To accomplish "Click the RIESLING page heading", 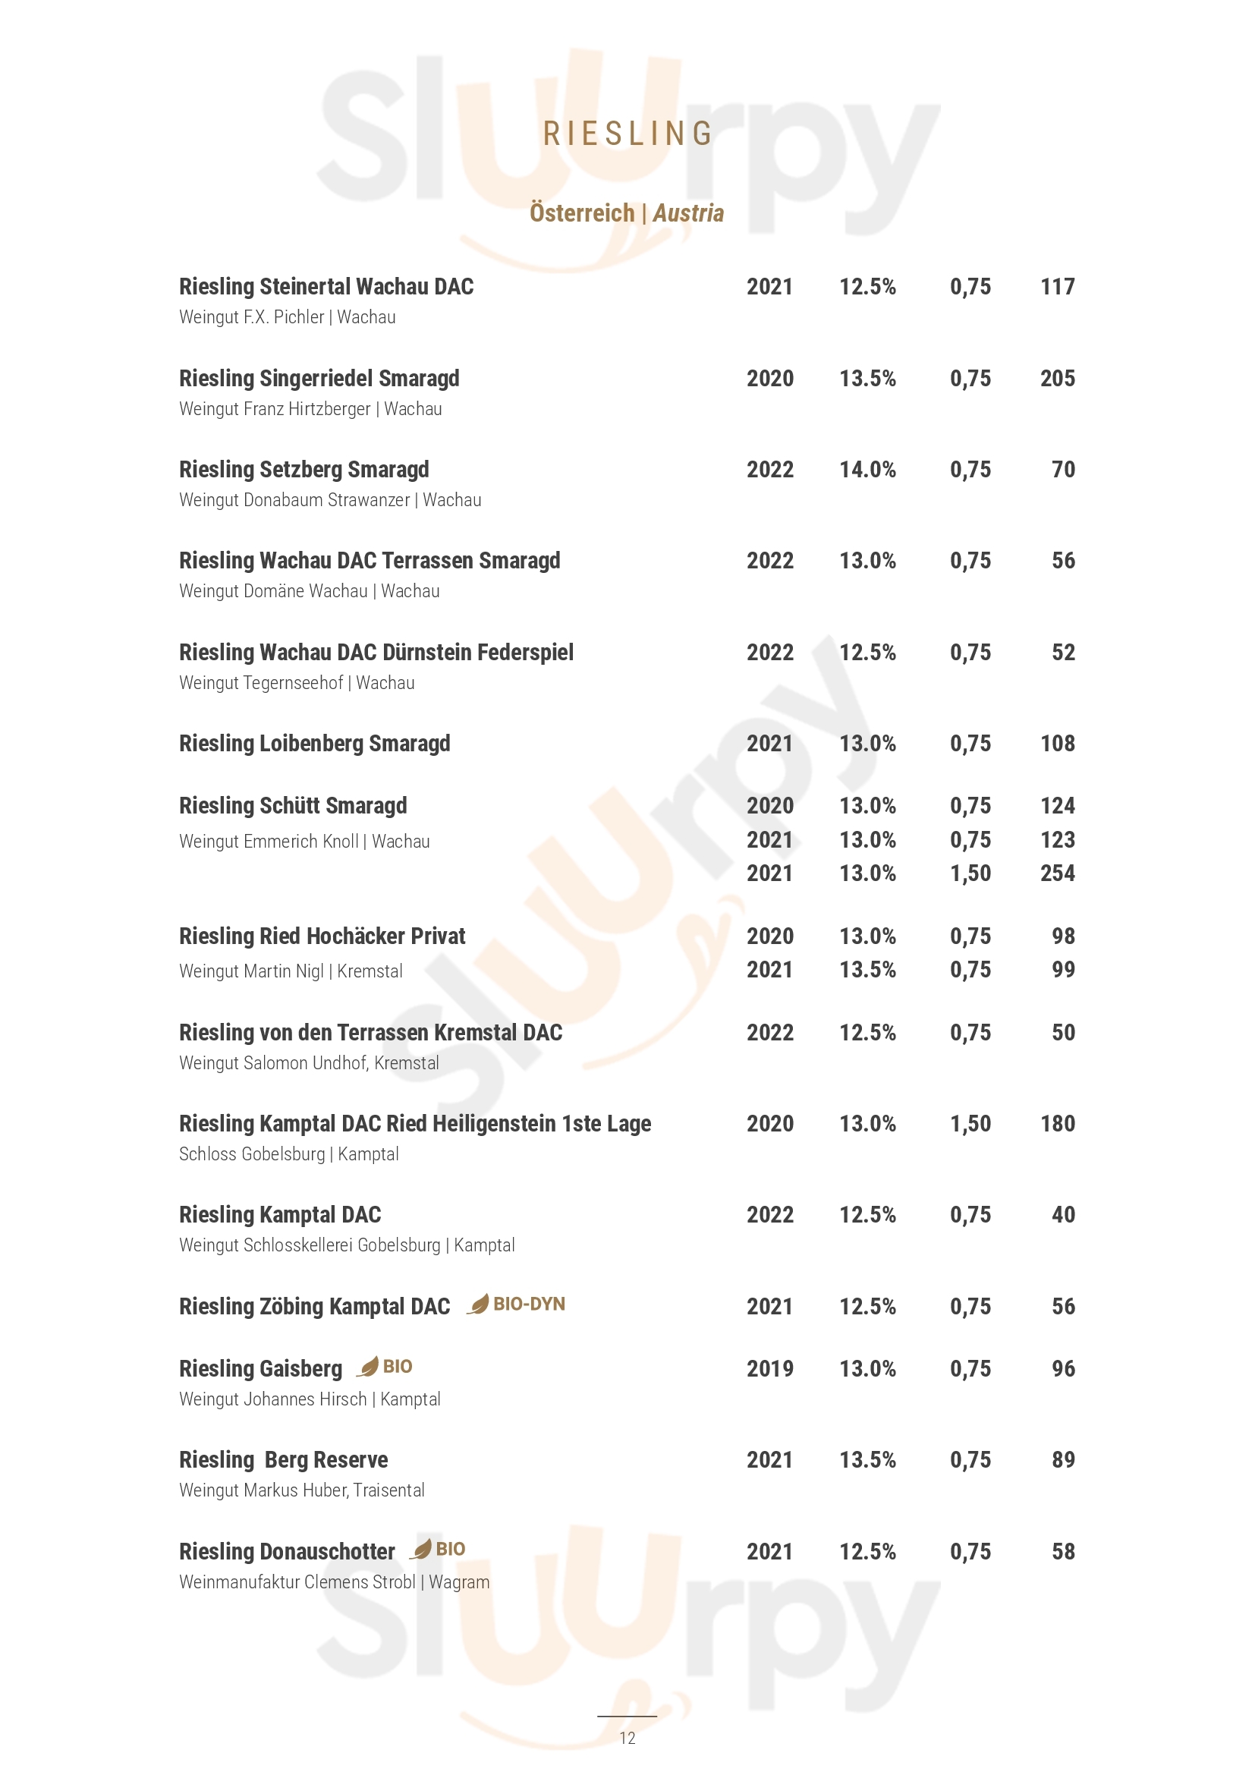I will pyautogui.click(x=627, y=134).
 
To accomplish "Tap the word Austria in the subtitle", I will pyautogui.click(x=687, y=212).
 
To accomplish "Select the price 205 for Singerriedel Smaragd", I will pyautogui.click(x=1057, y=378).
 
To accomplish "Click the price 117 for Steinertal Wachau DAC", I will pyautogui.click(x=1057, y=287).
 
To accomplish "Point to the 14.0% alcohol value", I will pyautogui.click(x=867, y=469).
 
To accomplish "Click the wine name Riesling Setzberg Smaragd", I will pyautogui.click(x=304, y=469).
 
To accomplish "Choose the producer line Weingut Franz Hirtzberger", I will pyautogui.click(x=310, y=409).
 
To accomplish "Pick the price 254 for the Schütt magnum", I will pyautogui.click(x=1057, y=873).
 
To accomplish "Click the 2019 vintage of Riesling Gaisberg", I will pyautogui.click(x=769, y=1368).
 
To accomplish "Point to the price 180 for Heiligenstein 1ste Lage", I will pyautogui.click(x=1057, y=1123).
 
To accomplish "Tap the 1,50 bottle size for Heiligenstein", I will pyautogui.click(x=970, y=1123).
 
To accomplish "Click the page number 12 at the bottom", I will pyautogui.click(x=627, y=1738).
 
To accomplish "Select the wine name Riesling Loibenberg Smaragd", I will pyautogui.click(x=315, y=743).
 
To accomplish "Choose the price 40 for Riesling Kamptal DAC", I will pyautogui.click(x=1062, y=1214).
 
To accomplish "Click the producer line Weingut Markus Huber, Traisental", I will pyautogui.click(x=301, y=1490).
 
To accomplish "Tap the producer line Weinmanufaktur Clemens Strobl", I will pyautogui.click(x=334, y=1581).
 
